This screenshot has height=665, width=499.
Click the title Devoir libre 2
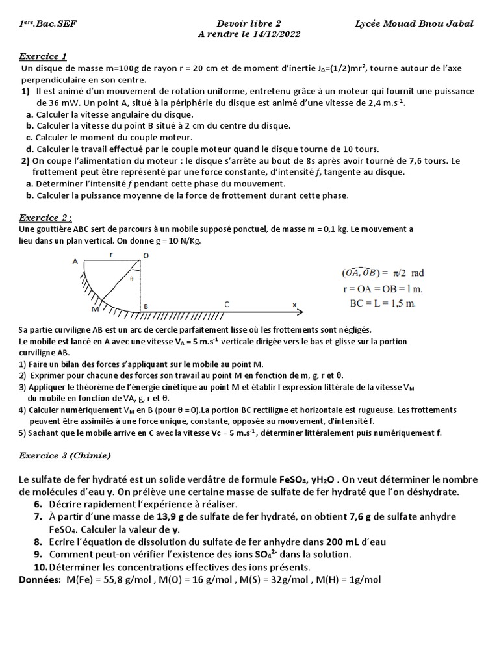[x=249, y=23]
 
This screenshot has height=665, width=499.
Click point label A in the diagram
[x=75, y=262]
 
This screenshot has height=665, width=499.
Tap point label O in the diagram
[x=146, y=256]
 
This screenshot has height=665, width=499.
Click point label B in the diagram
[x=146, y=307]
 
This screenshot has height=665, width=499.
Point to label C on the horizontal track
[x=226, y=304]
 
